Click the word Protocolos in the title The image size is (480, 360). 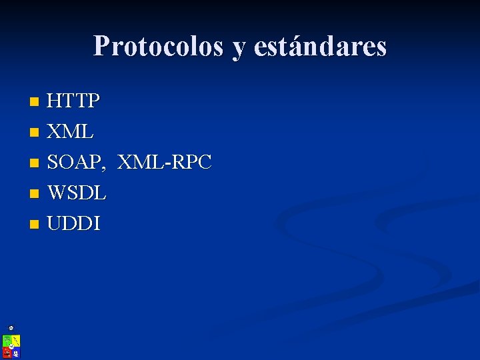158,46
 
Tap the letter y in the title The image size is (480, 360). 238,48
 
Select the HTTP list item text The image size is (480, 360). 73,101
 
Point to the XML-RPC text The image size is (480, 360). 165,162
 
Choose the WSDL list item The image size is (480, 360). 77,193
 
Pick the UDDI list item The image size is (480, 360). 73,224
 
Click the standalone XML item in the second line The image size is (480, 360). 70,132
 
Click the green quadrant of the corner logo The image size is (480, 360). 7,341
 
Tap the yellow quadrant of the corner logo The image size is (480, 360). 16,341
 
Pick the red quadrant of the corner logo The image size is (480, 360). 7,351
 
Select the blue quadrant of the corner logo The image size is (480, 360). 16,352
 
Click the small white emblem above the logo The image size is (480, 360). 11,328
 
